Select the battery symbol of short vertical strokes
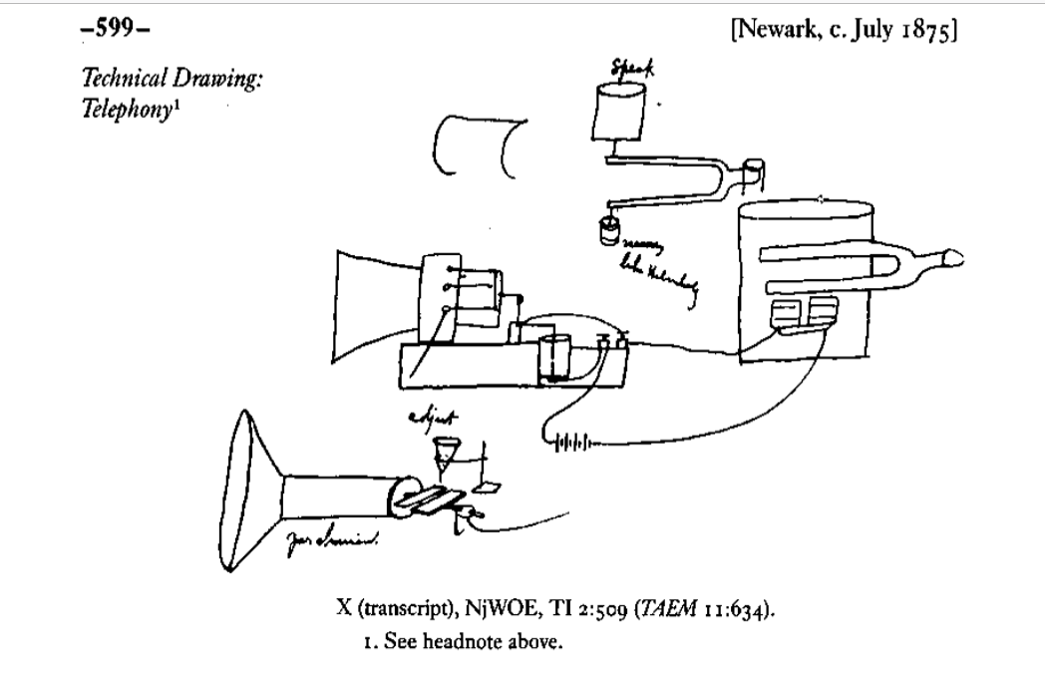[x=571, y=438]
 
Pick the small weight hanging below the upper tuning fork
[x=606, y=231]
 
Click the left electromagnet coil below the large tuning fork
[x=788, y=311]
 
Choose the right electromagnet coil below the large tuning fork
[x=824, y=311]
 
